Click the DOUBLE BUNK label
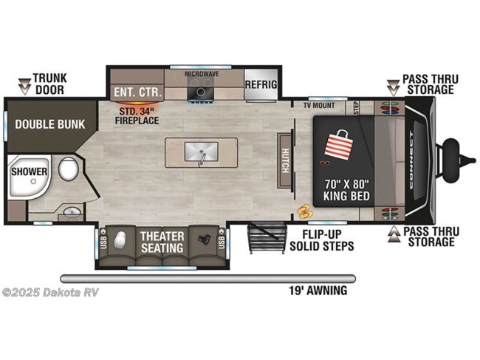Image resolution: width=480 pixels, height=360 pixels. (49, 124)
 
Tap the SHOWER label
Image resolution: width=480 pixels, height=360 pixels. (29, 171)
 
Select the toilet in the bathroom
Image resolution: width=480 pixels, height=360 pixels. (68, 171)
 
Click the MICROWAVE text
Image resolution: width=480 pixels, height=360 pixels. (201, 74)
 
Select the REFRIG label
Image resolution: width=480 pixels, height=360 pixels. (261, 84)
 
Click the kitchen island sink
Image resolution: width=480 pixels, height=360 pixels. (201, 153)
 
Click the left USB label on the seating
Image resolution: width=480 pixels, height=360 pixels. (103, 242)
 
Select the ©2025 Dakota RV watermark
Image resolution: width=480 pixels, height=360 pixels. (50, 291)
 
